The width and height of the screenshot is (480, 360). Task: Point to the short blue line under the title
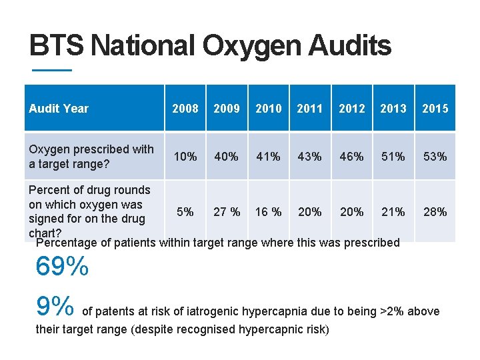click(51, 70)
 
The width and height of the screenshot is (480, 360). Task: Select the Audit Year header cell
click(59, 108)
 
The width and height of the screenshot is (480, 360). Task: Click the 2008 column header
click(185, 108)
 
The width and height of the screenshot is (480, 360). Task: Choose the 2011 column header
click(309, 108)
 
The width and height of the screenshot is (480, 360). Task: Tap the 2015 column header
click(435, 108)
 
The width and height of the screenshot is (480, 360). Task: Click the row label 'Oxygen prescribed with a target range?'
click(91, 156)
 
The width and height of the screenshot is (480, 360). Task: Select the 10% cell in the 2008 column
click(185, 157)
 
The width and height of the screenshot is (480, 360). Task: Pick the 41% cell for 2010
click(268, 157)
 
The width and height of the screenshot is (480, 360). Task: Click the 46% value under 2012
click(351, 157)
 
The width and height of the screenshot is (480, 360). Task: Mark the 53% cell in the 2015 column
click(435, 157)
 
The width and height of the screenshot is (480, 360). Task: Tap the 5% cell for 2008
click(185, 212)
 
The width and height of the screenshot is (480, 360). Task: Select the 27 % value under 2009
click(227, 212)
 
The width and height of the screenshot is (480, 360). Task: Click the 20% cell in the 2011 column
click(309, 212)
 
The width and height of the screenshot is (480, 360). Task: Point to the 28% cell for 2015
click(435, 212)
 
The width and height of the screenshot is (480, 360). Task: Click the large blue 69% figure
click(61, 267)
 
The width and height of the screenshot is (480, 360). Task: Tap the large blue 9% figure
click(55, 307)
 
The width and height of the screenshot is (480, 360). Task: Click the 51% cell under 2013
click(393, 157)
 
